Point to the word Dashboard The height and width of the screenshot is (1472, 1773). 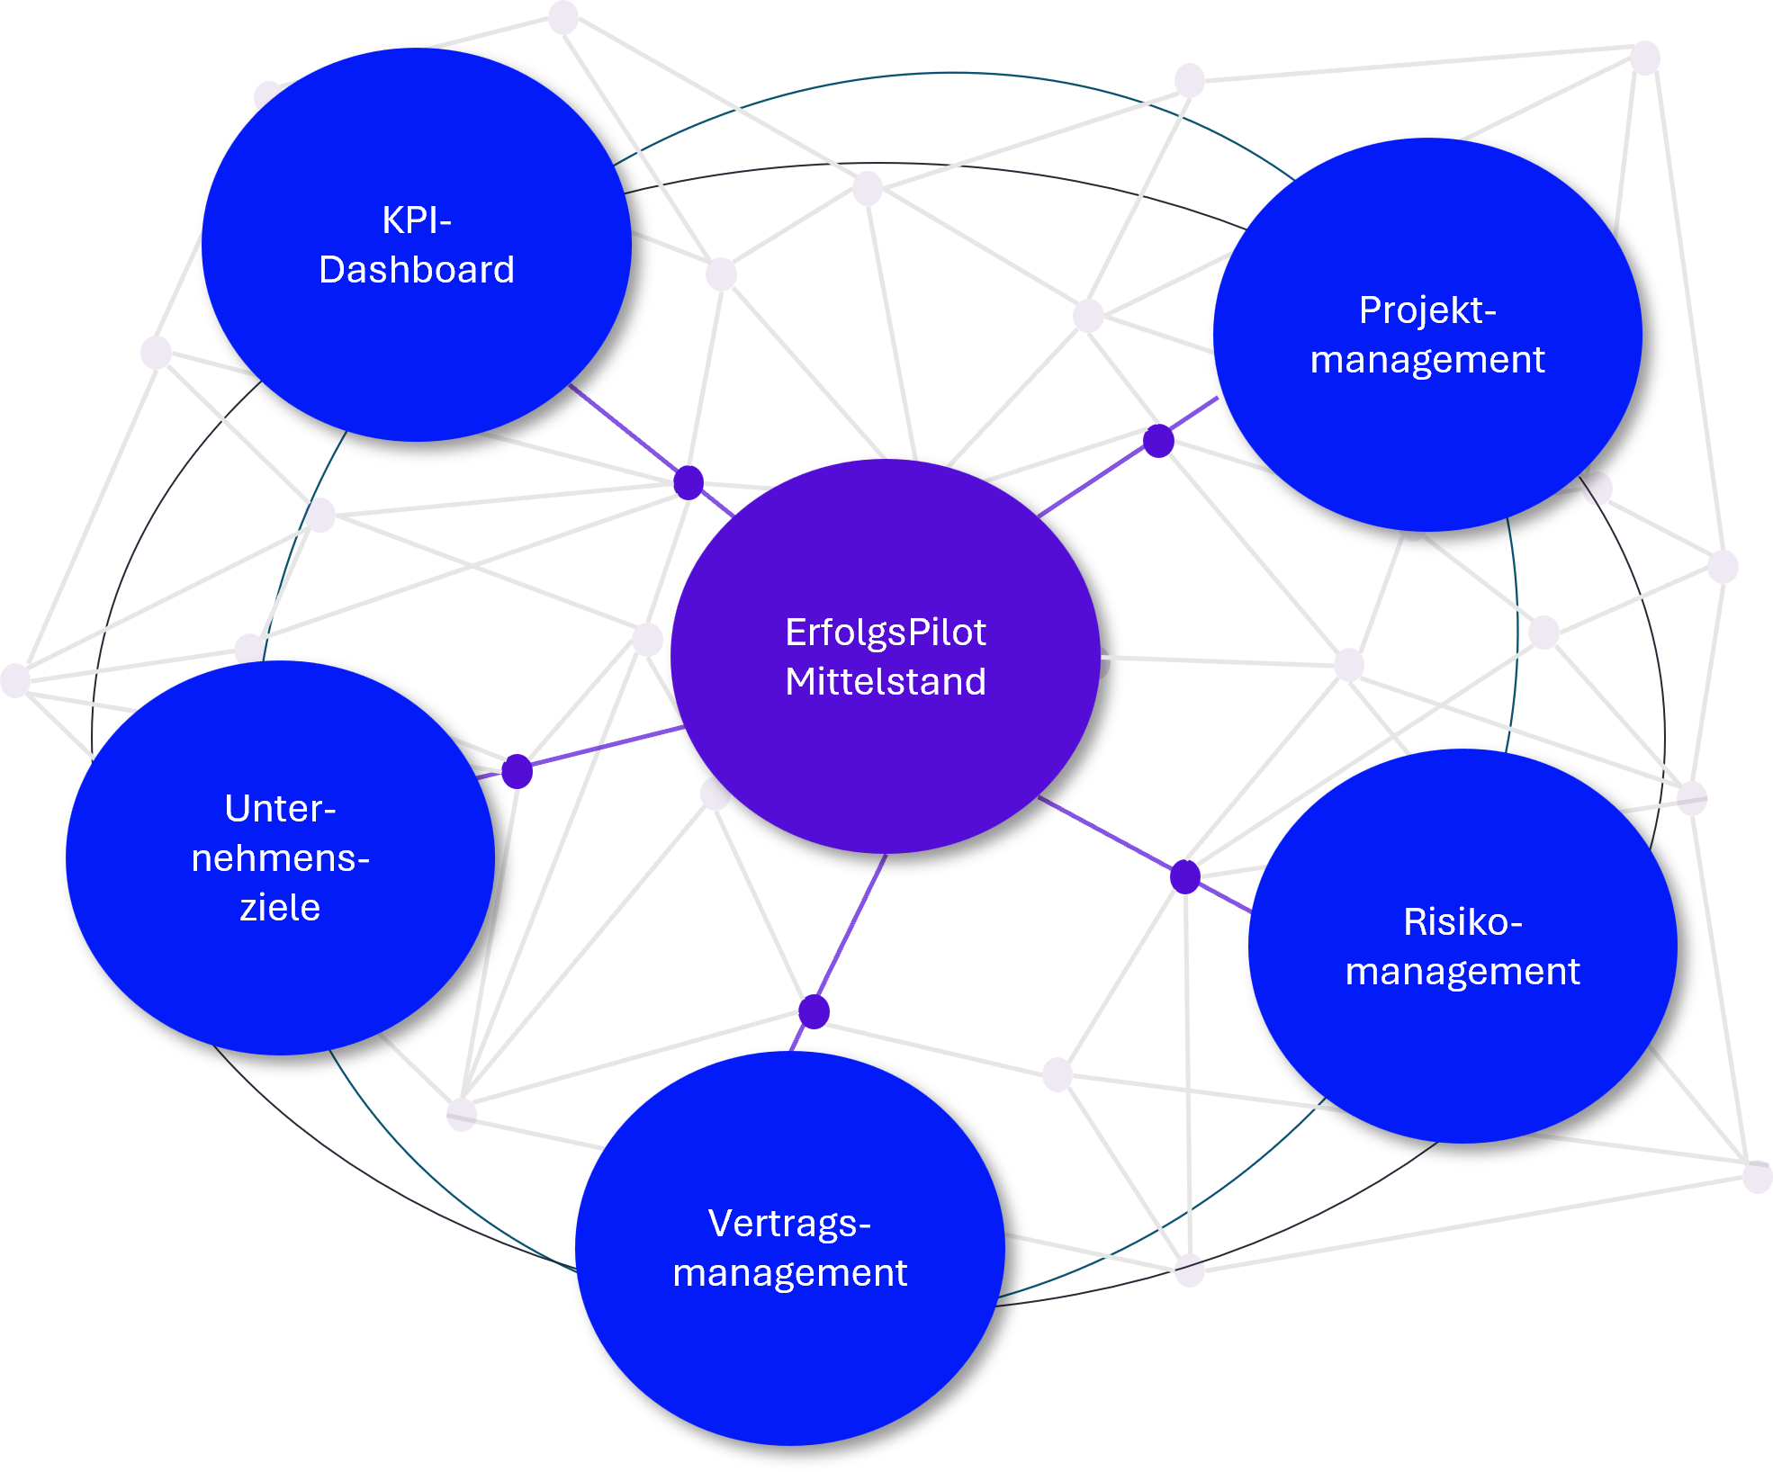[417, 270]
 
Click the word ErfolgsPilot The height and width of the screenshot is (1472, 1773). [886, 633]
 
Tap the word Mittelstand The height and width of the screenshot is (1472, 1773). [886, 682]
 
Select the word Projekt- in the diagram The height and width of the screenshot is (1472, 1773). [1427, 310]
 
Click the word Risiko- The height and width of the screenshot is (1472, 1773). [1462, 922]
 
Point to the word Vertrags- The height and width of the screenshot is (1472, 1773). [789, 1224]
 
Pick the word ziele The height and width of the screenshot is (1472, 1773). [280, 908]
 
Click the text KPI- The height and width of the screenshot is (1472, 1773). [417, 220]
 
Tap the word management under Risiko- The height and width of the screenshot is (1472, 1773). [1462, 972]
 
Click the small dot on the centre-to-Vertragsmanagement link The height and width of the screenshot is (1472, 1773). [814, 1012]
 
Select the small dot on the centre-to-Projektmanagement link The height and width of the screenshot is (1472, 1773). [1158, 441]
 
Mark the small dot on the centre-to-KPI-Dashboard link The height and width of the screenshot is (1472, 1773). [688, 483]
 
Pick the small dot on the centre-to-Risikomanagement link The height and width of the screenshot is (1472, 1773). [1185, 875]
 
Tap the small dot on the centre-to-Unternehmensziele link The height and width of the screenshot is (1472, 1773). [517, 771]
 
